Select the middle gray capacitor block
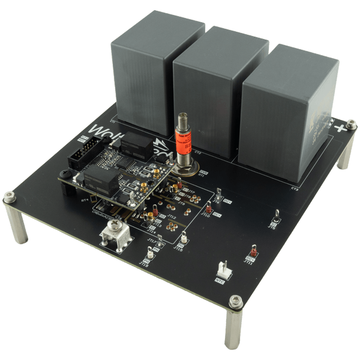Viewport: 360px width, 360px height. point(220,90)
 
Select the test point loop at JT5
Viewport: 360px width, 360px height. point(276,217)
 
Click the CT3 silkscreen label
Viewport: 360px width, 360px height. point(295,188)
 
